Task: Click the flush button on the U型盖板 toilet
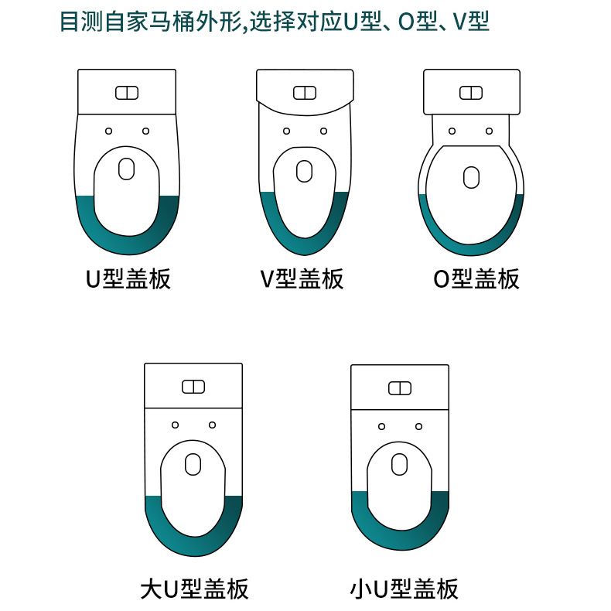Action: coord(127,93)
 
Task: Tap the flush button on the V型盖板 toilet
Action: coord(305,93)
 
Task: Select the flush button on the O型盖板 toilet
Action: coord(471,93)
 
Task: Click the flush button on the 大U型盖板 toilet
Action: coord(193,387)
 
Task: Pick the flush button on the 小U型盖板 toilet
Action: coord(400,388)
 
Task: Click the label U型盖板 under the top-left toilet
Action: coord(128,278)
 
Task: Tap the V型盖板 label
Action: coord(302,278)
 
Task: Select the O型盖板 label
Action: coord(476,278)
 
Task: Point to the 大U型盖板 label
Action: coord(194,589)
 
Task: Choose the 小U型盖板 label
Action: coord(404,589)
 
